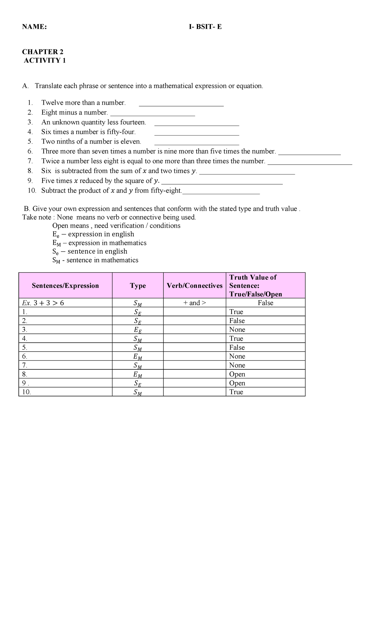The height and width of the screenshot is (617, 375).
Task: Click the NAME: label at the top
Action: click(x=34, y=27)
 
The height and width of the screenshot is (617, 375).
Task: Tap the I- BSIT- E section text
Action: click(x=205, y=27)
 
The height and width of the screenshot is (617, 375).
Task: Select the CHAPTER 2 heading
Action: click(x=42, y=52)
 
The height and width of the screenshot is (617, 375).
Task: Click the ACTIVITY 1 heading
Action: click(x=45, y=61)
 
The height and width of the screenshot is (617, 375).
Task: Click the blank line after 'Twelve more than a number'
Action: click(x=181, y=104)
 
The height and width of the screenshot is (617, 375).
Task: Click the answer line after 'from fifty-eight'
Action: click(x=221, y=191)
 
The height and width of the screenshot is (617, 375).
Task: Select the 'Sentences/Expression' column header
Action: click(x=65, y=286)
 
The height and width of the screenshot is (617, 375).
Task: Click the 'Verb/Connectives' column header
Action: click(x=194, y=286)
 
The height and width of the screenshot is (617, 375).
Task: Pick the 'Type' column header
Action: click(x=138, y=286)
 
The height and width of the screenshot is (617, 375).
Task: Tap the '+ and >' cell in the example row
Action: click(x=194, y=303)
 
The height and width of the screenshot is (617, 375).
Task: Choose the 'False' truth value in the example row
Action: click(x=265, y=303)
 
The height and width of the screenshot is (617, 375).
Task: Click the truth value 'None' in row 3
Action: click(x=237, y=330)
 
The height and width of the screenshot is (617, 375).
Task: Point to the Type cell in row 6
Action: click(x=138, y=357)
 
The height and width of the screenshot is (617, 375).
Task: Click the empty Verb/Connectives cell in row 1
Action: click(x=194, y=312)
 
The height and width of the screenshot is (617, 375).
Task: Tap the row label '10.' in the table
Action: click(x=27, y=392)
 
